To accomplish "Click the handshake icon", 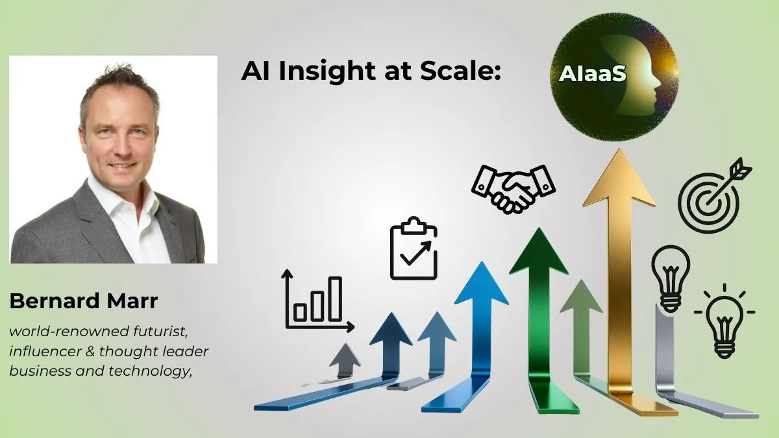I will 513,187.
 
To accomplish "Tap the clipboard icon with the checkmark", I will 414,250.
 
